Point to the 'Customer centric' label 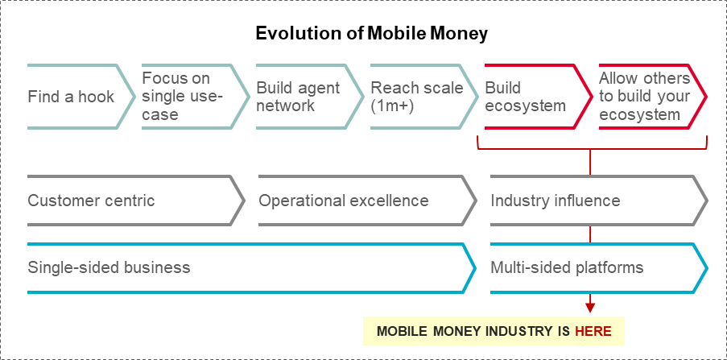tap(91, 201)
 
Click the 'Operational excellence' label tap(343, 201)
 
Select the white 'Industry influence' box tap(596, 201)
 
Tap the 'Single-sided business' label tap(109, 267)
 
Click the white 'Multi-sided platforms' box tap(596, 267)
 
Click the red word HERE tap(593, 331)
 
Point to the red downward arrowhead tap(591, 307)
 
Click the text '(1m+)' tap(392, 106)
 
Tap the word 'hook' tap(96, 97)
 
